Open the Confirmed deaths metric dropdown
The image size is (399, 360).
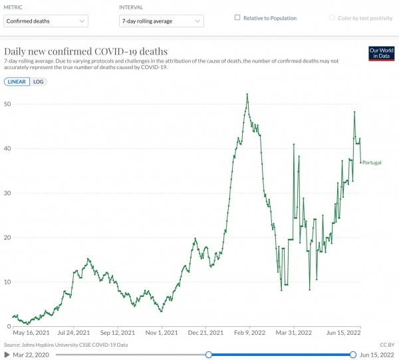(x=45, y=21)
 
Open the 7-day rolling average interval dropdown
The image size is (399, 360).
(x=160, y=21)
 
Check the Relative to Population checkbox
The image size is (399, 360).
(x=237, y=18)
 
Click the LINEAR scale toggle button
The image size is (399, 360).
(x=18, y=82)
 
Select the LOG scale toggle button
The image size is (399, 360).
(x=39, y=82)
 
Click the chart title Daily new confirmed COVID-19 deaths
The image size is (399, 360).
(x=86, y=51)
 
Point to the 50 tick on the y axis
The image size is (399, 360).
(x=7, y=104)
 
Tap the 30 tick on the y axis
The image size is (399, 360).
(x=7, y=193)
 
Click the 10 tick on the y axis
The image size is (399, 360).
(x=7, y=282)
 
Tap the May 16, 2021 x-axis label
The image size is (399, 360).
(x=31, y=332)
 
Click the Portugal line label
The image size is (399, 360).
(x=372, y=162)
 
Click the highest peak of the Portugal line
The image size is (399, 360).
(x=247, y=94)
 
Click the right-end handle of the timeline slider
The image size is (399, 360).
(x=352, y=355)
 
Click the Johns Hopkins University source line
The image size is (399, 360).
(x=65, y=345)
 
